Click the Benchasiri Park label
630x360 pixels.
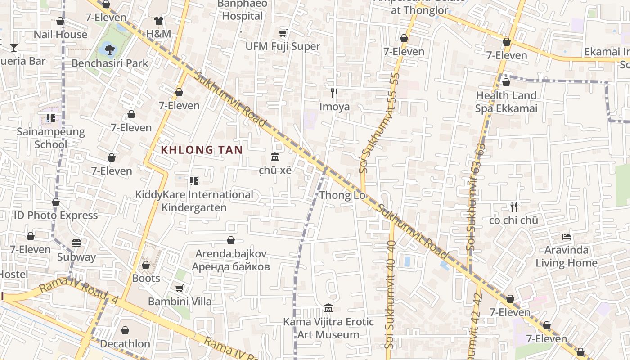[x=110, y=63]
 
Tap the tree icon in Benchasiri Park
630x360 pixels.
[x=109, y=49]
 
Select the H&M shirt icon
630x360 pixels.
[x=158, y=20]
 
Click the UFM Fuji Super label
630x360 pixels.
[x=283, y=46]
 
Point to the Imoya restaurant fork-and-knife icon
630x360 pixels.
[x=334, y=93]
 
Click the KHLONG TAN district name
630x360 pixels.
[x=202, y=150]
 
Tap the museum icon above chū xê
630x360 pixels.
[x=275, y=157]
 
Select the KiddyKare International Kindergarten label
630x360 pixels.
[x=194, y=201]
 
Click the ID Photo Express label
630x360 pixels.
[x=56, y=216]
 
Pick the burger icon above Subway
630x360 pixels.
[x=76, y=243]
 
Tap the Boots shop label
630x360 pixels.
[x=146, y=278]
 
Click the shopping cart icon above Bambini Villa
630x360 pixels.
[x=179, y=288]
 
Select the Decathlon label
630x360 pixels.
[x=125, y=344]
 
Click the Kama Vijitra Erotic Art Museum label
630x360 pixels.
[x=328, y=328]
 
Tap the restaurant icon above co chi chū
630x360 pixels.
[x=514, y=207]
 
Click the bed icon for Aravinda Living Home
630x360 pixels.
[x=566, y=236]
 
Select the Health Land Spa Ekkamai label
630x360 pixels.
[x=506, y=102]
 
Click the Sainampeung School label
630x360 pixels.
[x=51, y=138]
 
